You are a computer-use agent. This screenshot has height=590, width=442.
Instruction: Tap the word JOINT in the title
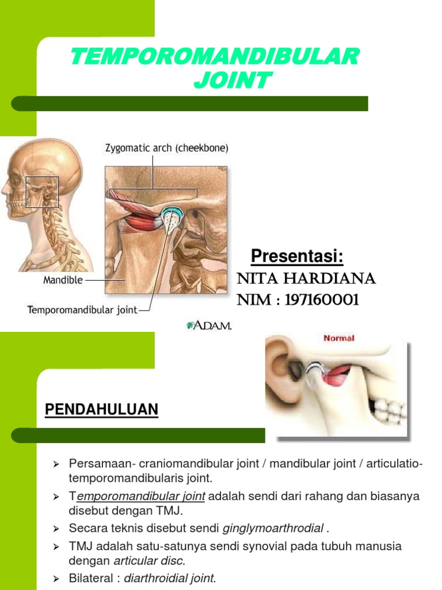(x=231, y=81)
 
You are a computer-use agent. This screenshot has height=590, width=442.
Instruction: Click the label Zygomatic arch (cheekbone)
(x=166, y=148)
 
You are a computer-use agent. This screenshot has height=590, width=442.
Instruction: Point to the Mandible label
(x=63, y=281)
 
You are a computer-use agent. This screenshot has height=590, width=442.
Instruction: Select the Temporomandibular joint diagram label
(x=83, y=310)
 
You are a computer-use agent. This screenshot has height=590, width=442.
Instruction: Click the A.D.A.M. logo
(x=209, y=326)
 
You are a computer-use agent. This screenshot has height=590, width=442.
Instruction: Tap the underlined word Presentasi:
(x=297, y=256)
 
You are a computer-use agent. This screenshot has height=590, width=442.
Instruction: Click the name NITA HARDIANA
(x=306, y=279)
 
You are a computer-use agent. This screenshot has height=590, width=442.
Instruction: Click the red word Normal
(x=339, y=338)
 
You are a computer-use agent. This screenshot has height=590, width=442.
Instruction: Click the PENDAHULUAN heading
(x=101, y=410)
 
